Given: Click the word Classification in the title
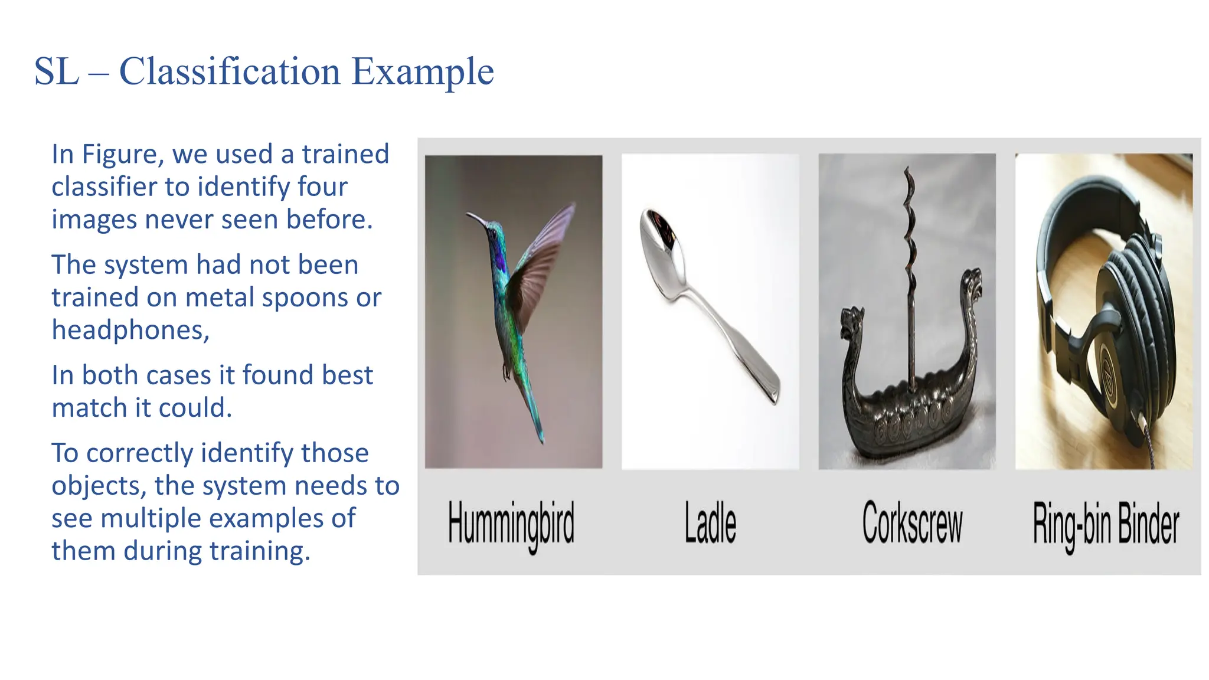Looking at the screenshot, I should point(230,72).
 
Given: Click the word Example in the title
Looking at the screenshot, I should point(423,72).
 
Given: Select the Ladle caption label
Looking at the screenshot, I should point(710,522).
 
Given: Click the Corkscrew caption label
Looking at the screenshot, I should point(912,522).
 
